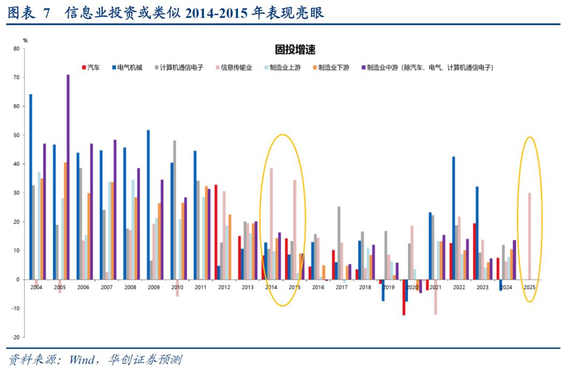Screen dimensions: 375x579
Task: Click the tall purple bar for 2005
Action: click(68, 177)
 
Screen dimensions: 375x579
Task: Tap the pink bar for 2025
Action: click(530, 236)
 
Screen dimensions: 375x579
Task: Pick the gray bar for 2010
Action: click(174, 209)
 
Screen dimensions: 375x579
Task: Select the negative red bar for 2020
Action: click(404, 297)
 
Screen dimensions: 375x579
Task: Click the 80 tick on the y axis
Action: click(16, 49)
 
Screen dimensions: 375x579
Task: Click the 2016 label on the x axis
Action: click(318, 288)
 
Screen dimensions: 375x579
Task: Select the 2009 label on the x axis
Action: click(154, 288)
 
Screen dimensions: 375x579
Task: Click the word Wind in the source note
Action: click(80, 359)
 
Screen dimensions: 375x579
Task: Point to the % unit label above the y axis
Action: click(25, 41)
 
